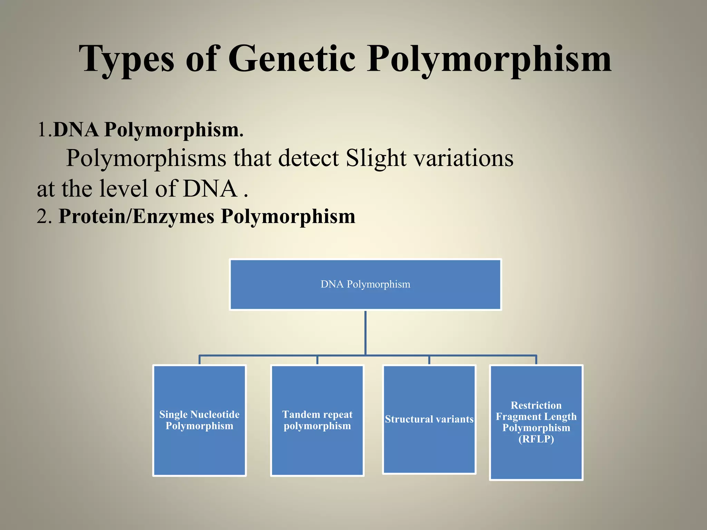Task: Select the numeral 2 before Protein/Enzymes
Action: pos(42,217)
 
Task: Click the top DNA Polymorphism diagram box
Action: pos(365,284)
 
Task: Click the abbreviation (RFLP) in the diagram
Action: pos(536,439)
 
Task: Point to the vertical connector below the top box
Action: pos(365,333)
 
